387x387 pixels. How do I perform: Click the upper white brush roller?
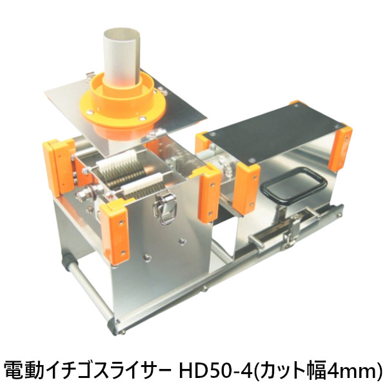pos(115,161)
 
